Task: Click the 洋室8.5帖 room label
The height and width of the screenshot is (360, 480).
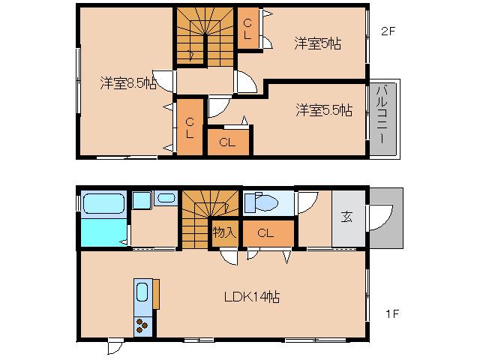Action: tap(128, 83)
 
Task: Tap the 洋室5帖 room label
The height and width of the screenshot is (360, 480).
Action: tap(317, 44)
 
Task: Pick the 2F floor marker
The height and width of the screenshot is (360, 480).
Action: tap(387, 31)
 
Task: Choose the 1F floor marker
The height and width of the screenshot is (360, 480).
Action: tap(393, 313)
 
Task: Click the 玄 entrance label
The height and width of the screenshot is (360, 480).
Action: tap(347, 217)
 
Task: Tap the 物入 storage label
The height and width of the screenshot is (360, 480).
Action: tap(225, 232)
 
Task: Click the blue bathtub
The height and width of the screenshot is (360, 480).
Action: tap(103, 203)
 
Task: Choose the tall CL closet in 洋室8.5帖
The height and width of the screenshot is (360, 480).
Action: tap(190, 127)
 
